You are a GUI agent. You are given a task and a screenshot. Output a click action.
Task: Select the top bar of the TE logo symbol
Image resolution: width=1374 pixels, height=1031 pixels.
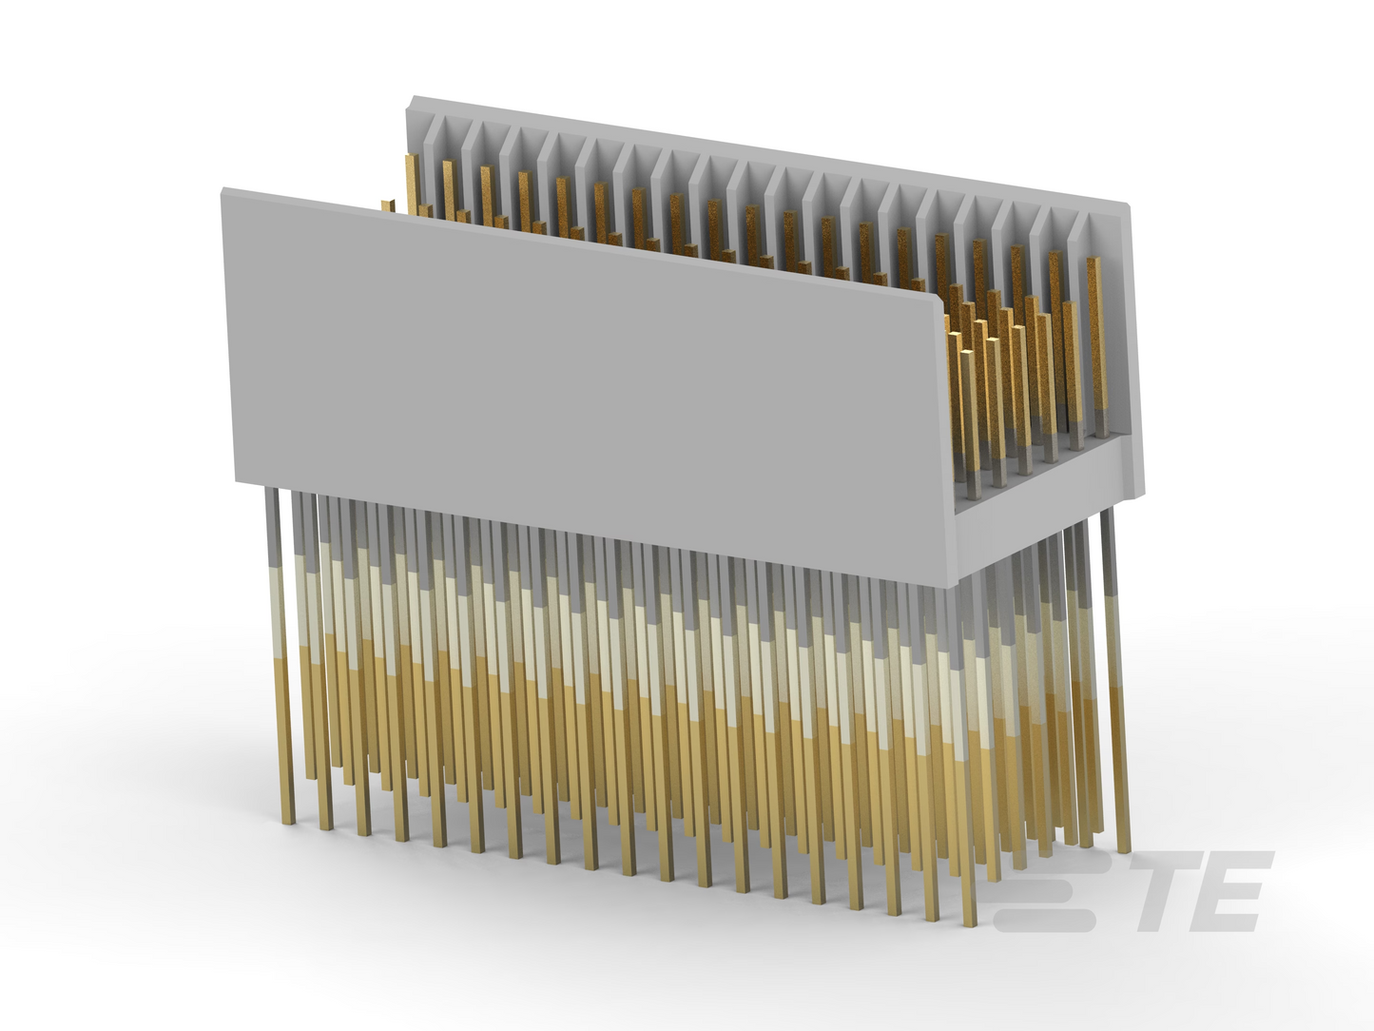coord(1064,861)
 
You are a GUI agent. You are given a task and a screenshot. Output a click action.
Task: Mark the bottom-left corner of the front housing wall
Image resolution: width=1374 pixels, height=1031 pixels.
coord(237,482)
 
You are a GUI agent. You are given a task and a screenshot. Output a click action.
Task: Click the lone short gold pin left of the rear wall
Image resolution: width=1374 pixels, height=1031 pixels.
coord(388,206)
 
